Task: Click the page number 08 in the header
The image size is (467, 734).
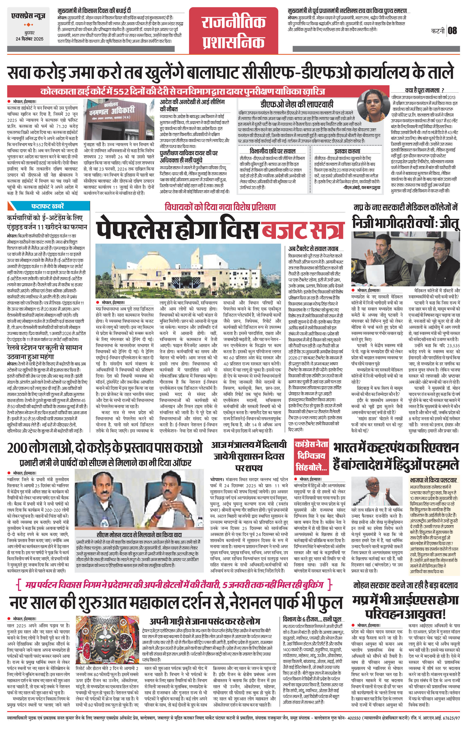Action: coord(452,30)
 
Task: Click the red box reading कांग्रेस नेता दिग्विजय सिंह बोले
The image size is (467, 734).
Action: coord(311,456)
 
